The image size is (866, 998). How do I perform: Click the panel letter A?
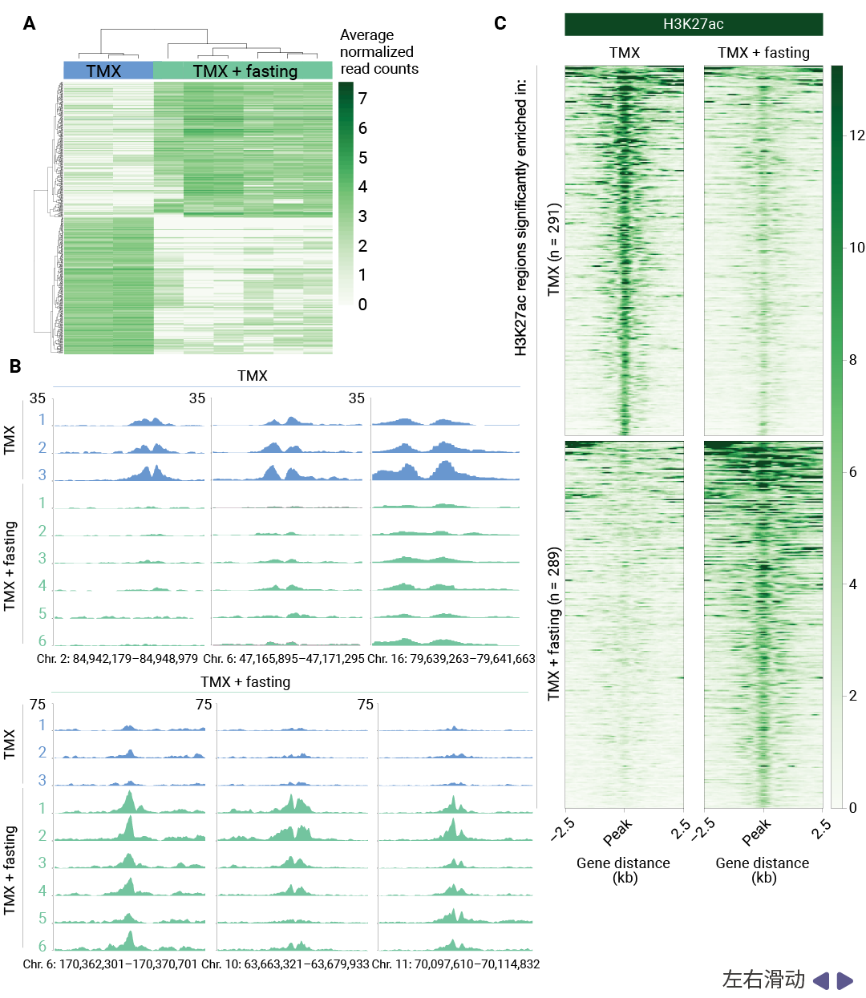coord(30,24)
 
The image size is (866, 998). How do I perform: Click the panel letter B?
coord(15,366)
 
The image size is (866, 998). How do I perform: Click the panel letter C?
coord(500,23)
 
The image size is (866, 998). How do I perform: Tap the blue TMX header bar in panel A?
coord(108,71)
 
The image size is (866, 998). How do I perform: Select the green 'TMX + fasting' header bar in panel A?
coord(243,71)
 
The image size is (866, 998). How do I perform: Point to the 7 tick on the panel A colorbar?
coord(362,99)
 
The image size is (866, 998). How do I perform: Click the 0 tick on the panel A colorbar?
coord(362,305)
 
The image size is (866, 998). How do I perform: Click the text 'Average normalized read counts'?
coord(378,52)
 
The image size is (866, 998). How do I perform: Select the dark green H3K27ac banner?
coord(694,24)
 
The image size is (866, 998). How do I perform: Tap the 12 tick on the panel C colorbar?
coord(857,135)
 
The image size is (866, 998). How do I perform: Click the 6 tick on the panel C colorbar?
coord(853,472)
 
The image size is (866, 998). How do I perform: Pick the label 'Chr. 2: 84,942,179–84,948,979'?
coord(117,659)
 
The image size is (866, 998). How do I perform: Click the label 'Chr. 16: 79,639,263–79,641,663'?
coord(451,659)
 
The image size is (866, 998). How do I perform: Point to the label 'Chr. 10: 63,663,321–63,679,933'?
coord(285,964)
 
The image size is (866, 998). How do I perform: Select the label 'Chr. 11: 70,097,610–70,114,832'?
coord(455,964)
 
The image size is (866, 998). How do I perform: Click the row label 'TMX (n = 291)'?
coord(553,249)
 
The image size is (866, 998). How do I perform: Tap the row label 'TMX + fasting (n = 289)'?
coord(553,624)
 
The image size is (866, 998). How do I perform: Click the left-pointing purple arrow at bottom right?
coord(820,980)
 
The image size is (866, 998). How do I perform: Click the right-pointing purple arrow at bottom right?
coord(845,980)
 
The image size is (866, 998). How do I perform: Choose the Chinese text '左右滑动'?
coord(763,980)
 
